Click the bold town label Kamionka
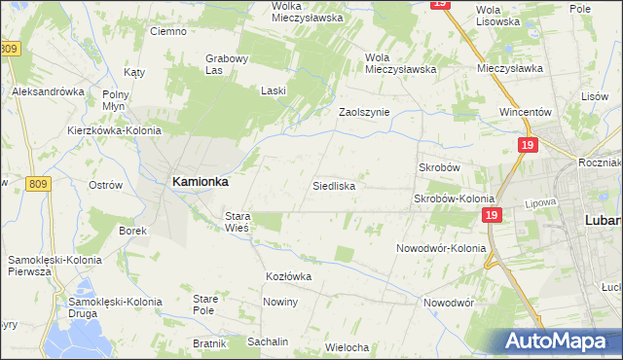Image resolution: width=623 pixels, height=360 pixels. click(200, 181)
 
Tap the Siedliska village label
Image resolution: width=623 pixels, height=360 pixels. click(333, 185)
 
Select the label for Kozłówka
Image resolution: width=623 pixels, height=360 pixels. click(288, 276)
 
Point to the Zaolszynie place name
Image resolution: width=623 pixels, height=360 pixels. click(363, 112)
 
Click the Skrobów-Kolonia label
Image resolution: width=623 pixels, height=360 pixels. click(455, 198)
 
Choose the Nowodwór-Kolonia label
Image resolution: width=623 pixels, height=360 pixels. click(440, 248)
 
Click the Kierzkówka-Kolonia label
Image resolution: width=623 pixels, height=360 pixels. click(114, 129)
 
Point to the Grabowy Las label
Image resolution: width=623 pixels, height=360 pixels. click(228, 64)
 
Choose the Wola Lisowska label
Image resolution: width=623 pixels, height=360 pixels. click(494, 15)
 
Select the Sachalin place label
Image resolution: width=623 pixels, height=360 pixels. click(268, 342)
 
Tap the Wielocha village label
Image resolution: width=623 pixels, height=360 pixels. click(347, 347)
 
